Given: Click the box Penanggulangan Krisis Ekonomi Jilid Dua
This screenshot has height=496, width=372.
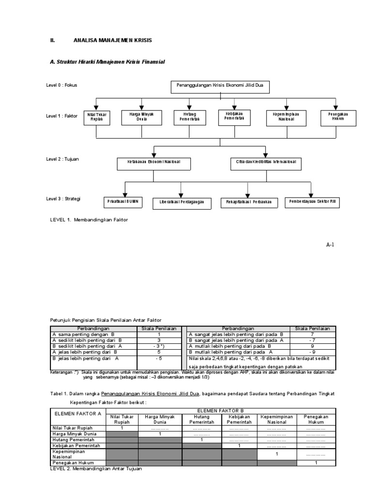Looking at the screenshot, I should (x=220, y=87).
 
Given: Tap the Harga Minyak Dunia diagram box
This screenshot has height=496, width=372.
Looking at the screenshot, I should (x=141, y=117).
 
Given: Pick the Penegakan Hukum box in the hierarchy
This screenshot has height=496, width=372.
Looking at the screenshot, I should (x=335, y=117).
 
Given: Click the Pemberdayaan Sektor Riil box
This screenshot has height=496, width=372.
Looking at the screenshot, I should (x=312, y=201).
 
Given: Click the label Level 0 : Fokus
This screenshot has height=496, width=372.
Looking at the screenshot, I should (x=62, y=85).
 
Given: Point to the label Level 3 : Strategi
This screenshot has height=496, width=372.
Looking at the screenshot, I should (x=63, y=199).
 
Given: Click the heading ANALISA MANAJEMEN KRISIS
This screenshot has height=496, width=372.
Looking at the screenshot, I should (x=112, y=40).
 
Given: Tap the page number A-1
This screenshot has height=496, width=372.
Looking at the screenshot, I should (x=330, y=245).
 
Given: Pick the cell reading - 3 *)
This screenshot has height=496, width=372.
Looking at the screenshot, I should (x=158, y=346).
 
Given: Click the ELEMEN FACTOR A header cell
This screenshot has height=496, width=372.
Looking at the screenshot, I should (x=78, y=414).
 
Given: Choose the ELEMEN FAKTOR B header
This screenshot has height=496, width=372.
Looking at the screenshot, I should (x=218, y=410).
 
